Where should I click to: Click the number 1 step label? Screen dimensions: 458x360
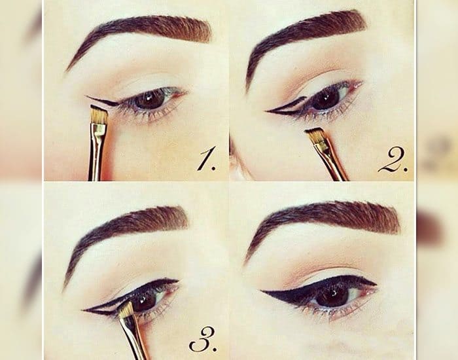(x=207, y=158)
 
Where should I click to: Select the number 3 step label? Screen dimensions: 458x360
(x=203, y=339)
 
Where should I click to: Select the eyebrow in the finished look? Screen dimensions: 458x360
(x=321, y=222)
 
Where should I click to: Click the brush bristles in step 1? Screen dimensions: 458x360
(x=99, y=115)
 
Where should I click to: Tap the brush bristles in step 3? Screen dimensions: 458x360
(x=126, y=310)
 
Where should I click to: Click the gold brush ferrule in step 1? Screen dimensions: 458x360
(x=99, y=132)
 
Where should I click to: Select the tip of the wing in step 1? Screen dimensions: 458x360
(x=86, y=96)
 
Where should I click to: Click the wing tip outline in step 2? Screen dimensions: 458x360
(x=268, y=111)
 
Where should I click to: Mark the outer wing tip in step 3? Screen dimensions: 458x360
(x=84, y=311)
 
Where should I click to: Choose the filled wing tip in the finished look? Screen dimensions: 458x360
(x=262, y=291)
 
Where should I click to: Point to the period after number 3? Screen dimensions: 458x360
(x=215, y=349)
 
